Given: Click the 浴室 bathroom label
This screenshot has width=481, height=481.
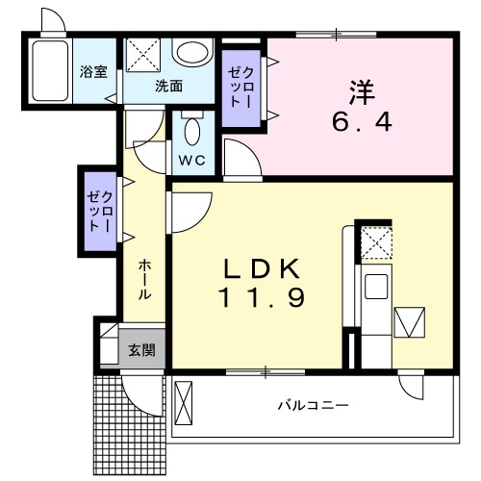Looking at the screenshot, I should (x=93, y=73).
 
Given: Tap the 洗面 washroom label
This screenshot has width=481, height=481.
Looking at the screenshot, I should (x=169, y=85).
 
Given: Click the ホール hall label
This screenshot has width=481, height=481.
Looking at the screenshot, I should (x=142, y=279).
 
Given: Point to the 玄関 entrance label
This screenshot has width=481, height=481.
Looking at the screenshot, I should (x=141, y=349).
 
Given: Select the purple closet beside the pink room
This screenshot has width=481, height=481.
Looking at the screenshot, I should (x=240, y=88).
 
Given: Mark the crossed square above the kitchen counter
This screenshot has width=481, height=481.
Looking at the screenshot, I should (x=376, y=240).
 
